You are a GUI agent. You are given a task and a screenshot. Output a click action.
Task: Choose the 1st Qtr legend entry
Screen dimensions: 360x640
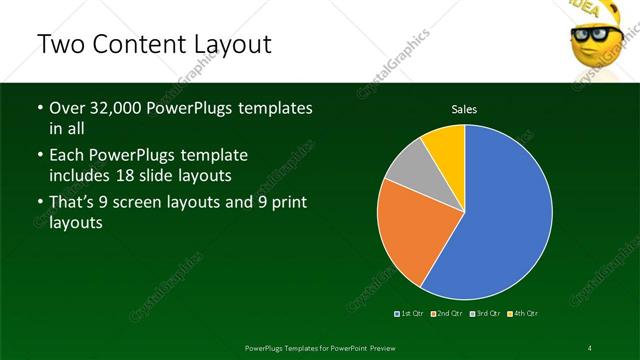tap(409, 314)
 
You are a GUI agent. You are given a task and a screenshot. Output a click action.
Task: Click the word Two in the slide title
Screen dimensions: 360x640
tap(58, 45)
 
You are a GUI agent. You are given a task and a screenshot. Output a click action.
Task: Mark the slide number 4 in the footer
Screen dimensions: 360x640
tap(590, 347)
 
